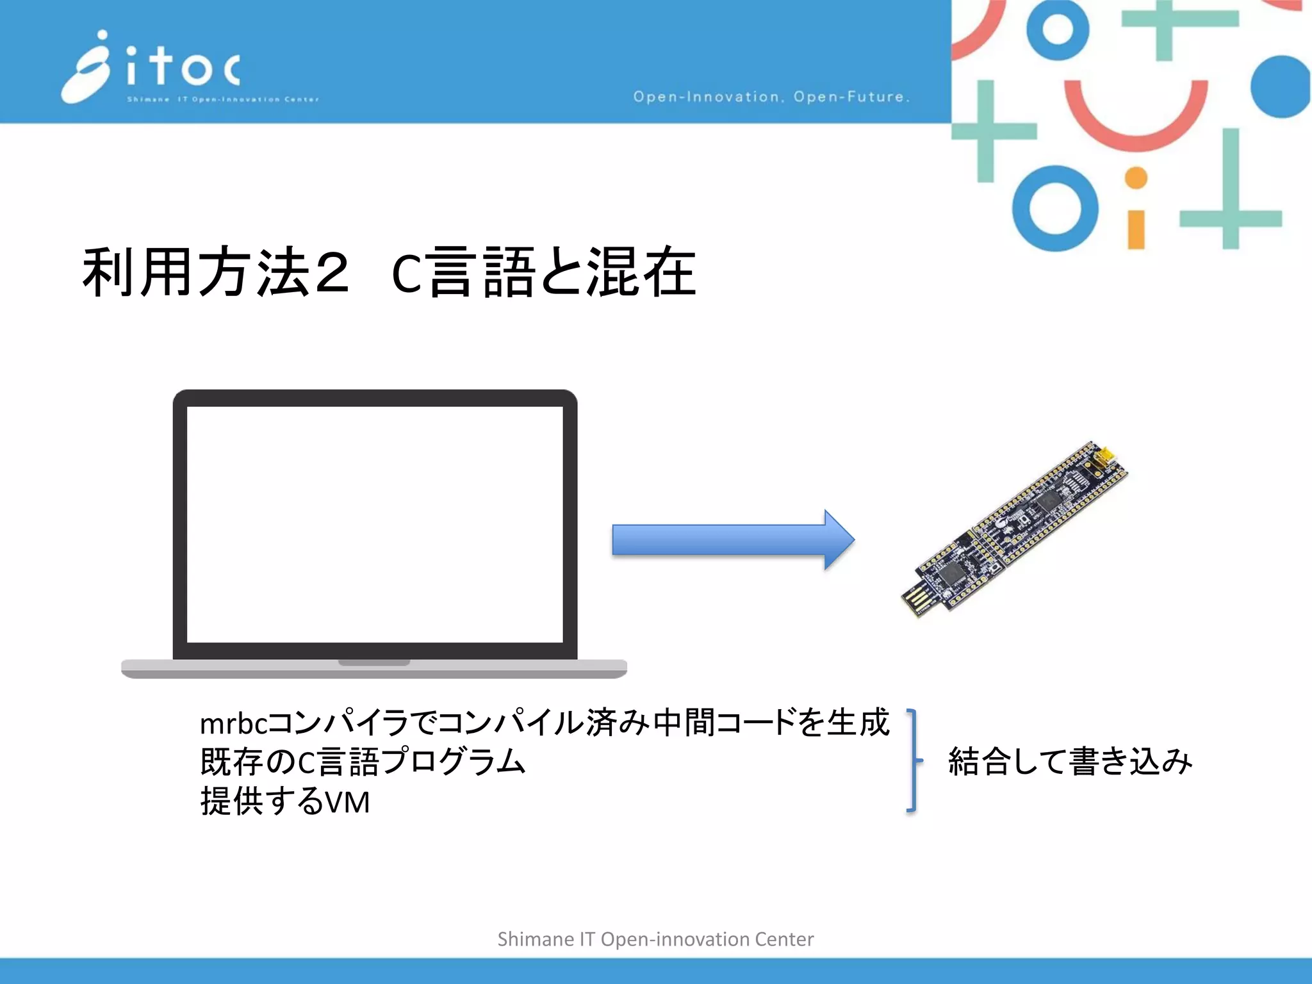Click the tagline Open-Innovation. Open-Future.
[771, 97]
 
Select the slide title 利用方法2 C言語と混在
[389, 272]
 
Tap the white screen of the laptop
[375, 524]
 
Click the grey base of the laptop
[374, 669]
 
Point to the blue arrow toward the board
[733, 539]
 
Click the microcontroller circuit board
[1015, 529]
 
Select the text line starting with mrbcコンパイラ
[545, 723]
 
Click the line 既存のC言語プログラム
[363, 762]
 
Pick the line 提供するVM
[285, 801]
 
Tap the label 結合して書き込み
[1070, 761]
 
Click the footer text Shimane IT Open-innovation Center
[655, 939]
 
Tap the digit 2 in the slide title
[332, 272]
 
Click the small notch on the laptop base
[374, 662]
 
